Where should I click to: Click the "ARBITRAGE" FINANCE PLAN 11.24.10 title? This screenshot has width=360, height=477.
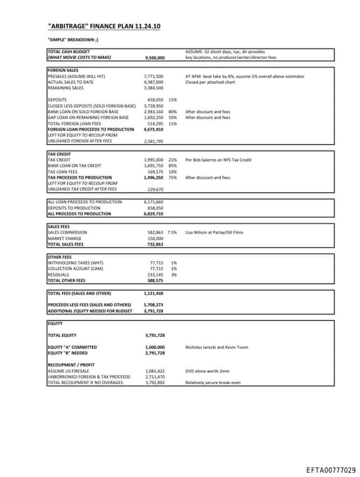103,26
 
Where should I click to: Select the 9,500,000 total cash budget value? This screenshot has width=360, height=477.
154,58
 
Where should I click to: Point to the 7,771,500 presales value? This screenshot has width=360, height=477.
153,76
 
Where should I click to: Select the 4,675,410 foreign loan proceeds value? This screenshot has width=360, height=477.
153,129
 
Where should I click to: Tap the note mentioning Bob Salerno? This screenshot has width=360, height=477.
218,160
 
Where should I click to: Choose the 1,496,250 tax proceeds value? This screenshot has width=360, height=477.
153,177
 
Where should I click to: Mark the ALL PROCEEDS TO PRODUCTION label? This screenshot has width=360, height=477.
79,213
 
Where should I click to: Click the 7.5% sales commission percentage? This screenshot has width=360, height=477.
172,231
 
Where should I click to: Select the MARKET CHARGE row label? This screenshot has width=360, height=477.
65,238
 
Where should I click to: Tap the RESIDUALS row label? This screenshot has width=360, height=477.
58,274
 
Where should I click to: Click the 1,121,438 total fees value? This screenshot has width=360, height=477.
153,293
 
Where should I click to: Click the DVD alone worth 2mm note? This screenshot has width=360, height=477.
207,371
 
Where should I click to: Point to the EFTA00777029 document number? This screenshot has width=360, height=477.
330,469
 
